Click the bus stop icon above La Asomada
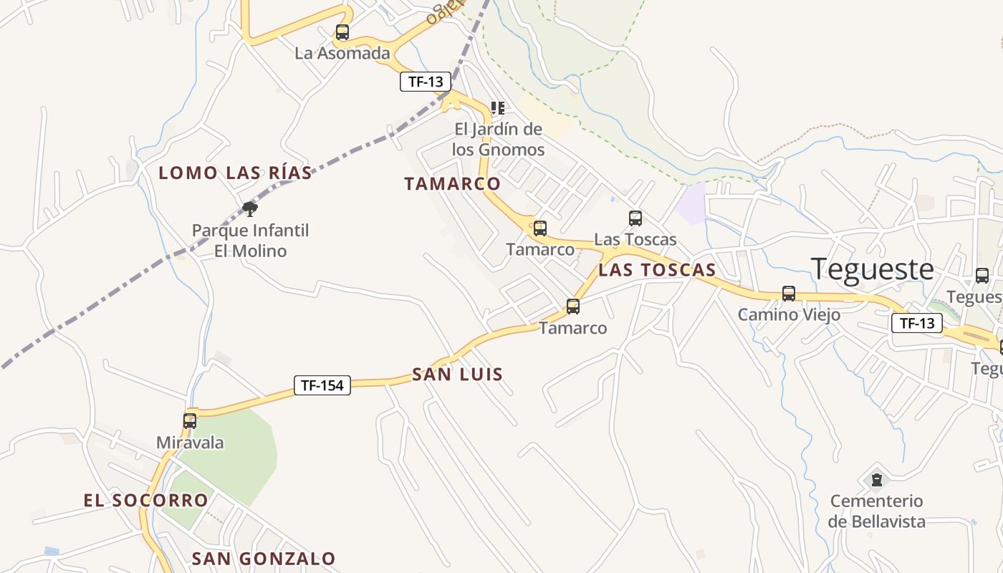342,32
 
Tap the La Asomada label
342,53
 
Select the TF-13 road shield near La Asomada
426,82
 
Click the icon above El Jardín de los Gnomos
498,108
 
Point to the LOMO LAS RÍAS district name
235,173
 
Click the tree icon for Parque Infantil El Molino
250,209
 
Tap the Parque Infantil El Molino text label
250,241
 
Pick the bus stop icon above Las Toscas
635,218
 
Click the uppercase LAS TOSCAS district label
657,270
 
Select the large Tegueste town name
873,269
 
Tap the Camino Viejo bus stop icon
789,294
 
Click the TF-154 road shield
322,385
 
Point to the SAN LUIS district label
457,375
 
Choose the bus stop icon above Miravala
190,421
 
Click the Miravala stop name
190,443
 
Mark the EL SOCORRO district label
145,501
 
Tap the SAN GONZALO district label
264,559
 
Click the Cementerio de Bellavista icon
876,479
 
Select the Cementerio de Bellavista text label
876,511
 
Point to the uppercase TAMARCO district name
452,184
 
